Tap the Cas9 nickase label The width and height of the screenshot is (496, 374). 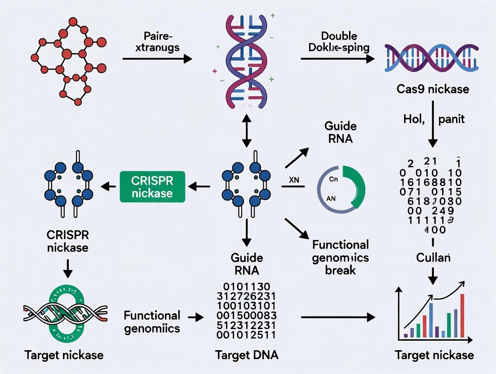(x=433, y=89)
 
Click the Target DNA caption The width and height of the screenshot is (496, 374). (x=247, y=355)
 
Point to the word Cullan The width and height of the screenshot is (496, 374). (x=433, y=258)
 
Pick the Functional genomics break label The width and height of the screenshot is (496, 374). (x=340, y=257)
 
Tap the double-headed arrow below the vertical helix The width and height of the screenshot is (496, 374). (x=246, y=130)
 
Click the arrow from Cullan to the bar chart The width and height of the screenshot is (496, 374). (x=433, y=275)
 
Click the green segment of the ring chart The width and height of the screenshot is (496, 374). (x=355, y=184)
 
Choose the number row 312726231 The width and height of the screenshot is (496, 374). (x=247, y=296)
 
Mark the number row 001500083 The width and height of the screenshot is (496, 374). (x=247, y=316)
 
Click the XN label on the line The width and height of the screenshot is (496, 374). (x=294, y=180)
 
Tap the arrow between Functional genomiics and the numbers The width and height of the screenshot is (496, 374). (x=195, y=318)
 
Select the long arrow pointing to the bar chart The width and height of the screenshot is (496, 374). (x=337, y=317)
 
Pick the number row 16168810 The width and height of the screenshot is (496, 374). (x=430, y=182)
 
